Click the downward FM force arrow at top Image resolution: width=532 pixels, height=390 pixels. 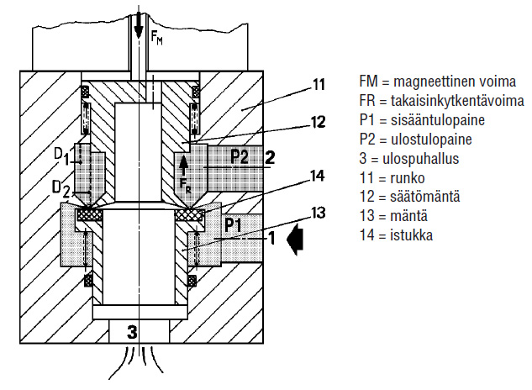coord(139,24)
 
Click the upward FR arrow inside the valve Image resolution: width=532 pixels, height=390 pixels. coord(183,166)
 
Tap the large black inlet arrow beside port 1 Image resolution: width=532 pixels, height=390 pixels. coord(295,239)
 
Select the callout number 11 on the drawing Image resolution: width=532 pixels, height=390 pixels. coord(319,84)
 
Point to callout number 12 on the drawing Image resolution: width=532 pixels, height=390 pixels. coord(319,122)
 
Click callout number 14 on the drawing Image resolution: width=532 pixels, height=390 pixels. coord(318,177)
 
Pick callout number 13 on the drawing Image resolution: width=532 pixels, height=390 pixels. coord(319,213)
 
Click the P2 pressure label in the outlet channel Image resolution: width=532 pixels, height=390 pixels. coord(240,156)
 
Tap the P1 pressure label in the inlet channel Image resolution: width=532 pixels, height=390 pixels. coord(233,224)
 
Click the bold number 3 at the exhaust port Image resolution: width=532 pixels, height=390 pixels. coord(132,332)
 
